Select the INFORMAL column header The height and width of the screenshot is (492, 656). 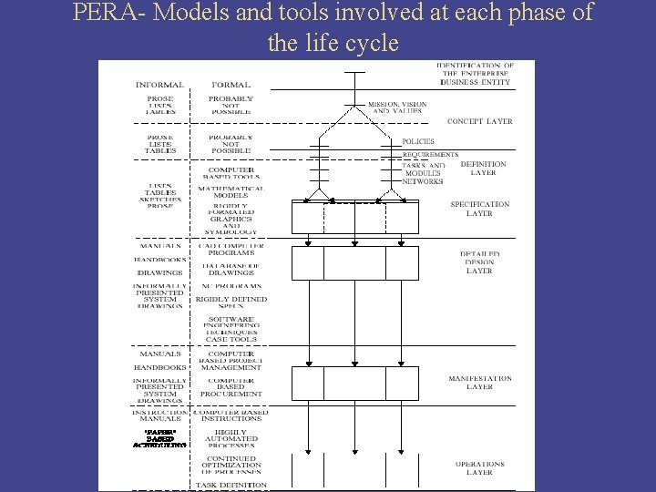click(159, 85)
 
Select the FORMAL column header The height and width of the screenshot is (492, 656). click(231, 85)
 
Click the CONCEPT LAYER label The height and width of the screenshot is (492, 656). click(479, 121)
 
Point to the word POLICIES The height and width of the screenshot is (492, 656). click(418, 142)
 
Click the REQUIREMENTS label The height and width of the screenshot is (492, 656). click(430, 155)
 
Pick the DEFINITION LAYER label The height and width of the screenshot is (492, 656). click(483, 169)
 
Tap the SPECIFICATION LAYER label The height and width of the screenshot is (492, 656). click(479, 209)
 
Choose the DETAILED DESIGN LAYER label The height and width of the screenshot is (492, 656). click(479, 262)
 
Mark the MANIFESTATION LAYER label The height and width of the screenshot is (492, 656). click(479, 383)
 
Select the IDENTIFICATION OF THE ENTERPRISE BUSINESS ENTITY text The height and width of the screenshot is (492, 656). click(475, 74)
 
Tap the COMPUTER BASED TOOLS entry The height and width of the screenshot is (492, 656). click(231, 174)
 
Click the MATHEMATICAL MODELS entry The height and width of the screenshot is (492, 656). click(231, 192)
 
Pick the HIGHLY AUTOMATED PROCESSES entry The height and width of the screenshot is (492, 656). click(231, 439)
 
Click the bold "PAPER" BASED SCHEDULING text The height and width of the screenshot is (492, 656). click(159, 438)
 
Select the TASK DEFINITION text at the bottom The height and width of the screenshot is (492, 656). click(231, 486)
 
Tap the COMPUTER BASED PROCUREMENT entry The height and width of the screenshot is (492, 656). click(231, 387)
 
